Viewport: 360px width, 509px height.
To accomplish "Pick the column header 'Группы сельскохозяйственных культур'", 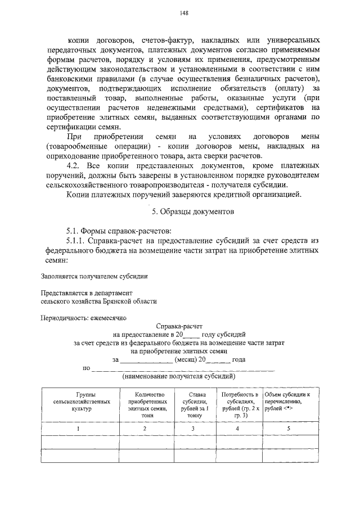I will pos(78,402).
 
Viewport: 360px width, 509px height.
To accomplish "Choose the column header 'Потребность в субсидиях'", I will pos(240,402).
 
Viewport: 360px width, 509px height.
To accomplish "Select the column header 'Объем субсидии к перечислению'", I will pos(288,402).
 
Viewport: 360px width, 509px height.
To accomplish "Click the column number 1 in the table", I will pos(78,429).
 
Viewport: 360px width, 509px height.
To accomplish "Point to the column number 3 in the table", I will pos(192,429).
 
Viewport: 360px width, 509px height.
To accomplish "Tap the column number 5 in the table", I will pos(288,429).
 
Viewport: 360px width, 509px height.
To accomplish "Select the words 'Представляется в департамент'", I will pos(86,292).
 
